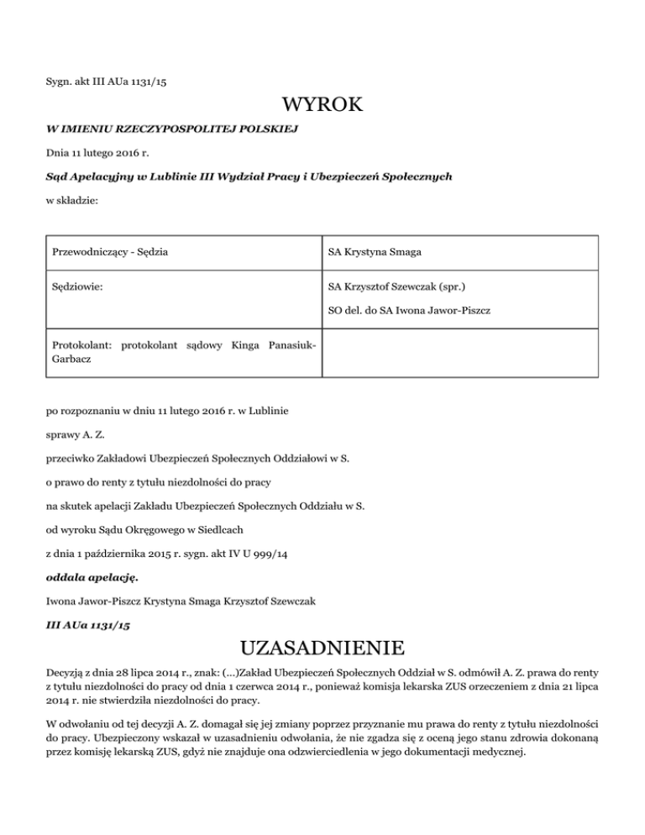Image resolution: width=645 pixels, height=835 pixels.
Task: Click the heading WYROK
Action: point(322,105)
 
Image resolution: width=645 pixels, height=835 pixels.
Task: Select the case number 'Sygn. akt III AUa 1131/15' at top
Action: point(112,81)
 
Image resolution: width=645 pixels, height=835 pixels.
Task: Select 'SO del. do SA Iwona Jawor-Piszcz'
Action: point(409,312)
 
